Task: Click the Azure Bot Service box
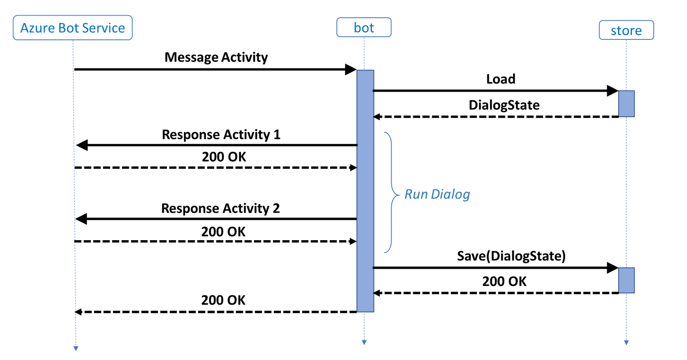[73, 28]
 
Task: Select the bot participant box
[364, 27]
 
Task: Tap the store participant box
[626, 30]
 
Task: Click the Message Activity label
[216, 57]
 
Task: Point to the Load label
[501, 79]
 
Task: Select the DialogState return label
[504, 105]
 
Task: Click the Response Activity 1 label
[221, 135]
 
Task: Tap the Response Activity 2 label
[220, 209]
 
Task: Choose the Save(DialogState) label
[511, 256]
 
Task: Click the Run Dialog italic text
[437, 194]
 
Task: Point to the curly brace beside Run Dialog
[391, 193]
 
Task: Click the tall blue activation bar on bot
[365, 190]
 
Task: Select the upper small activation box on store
[626, 104]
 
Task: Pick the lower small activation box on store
[626, 280]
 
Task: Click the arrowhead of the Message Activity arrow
[351, 69]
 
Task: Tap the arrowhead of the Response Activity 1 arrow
[82, 145]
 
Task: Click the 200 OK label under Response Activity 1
[224, 157]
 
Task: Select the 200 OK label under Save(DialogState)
[504, 282]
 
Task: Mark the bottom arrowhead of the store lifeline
[626, 343]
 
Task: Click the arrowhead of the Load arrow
[613, 91]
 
